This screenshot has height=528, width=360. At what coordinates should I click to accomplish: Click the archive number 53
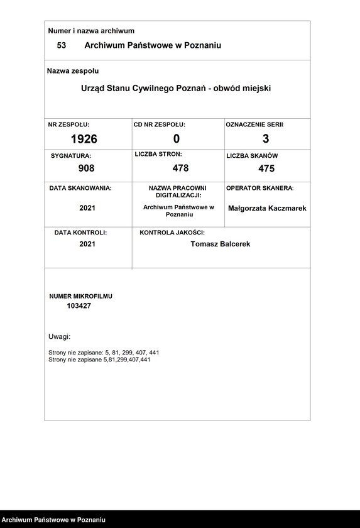(62, 45)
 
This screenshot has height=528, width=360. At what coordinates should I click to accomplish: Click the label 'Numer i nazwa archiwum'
(91, 31)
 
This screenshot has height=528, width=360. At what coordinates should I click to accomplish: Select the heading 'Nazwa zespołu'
(73, 71)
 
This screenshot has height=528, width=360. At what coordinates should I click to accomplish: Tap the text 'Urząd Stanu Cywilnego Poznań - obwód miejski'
(176, 89)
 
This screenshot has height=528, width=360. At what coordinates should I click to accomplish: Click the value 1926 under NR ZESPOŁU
(84, 139)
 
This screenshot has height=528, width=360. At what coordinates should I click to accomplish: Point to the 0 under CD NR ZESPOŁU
(177, 139)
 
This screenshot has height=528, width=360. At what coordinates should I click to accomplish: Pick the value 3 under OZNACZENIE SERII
(266, 139)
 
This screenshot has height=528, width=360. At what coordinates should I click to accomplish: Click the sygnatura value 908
(86, 168)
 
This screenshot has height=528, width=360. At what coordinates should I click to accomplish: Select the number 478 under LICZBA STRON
(180, 168)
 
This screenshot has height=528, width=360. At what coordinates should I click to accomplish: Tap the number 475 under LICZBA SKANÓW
(266, 168)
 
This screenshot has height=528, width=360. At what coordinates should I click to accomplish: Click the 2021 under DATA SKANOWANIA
(87, 208)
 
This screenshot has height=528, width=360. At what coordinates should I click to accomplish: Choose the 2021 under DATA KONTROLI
(87, 244)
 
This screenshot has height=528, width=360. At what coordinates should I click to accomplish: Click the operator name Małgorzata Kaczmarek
(267, 208)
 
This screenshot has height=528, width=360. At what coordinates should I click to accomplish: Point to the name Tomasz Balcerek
(220, 244)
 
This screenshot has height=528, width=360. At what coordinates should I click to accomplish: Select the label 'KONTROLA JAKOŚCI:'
(172, 233)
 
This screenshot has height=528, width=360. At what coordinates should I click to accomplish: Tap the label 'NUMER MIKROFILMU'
(81, 295)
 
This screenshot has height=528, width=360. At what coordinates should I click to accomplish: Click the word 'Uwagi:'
(59, 336)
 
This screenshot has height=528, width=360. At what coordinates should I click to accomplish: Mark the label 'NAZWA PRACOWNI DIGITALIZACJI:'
(177, 192)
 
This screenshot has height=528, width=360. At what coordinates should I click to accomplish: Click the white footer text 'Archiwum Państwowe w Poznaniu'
(53, 520)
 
